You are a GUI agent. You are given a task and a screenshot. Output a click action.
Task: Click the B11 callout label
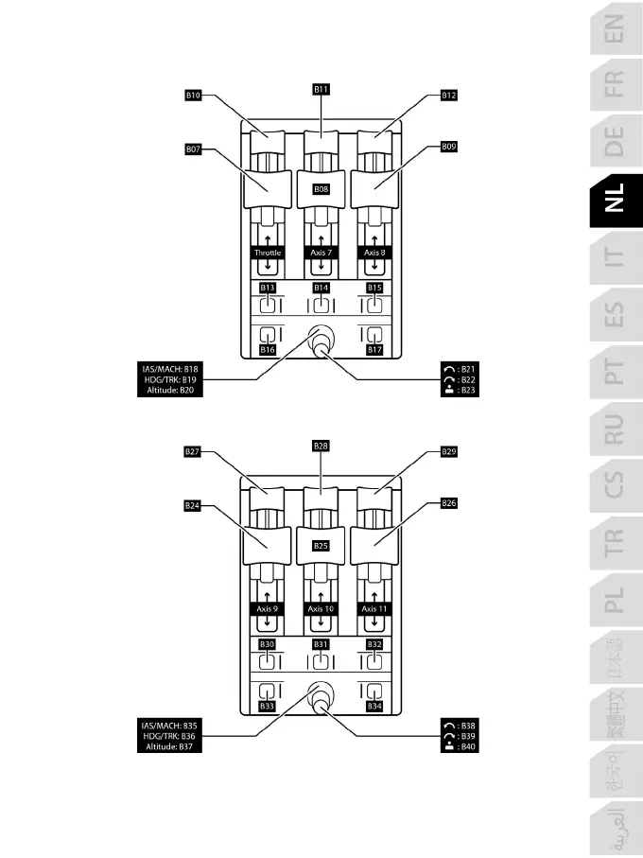321,89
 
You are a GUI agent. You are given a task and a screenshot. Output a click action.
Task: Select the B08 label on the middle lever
321,189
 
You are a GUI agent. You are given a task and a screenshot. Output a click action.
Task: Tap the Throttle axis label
268,254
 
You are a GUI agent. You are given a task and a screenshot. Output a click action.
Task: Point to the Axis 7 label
321,254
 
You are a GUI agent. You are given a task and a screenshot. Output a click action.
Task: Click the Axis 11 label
374,609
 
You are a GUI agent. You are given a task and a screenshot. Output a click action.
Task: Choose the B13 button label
268,288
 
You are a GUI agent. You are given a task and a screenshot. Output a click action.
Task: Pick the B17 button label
374,350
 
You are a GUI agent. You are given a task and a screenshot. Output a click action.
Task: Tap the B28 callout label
321,445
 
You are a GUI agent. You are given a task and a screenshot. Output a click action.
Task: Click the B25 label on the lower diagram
321,546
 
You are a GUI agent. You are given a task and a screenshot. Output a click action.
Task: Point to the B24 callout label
193,506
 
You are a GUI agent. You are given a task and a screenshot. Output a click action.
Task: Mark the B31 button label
321,644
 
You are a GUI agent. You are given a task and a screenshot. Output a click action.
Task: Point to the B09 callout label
449,147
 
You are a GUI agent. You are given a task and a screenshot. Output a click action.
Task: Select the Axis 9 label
268,609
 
